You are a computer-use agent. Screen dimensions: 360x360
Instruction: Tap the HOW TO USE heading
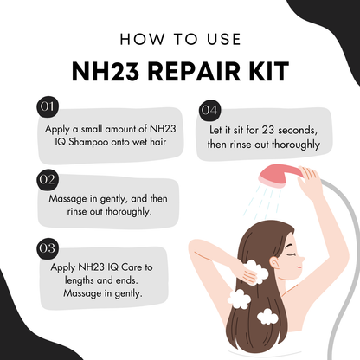coord(180,40)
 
